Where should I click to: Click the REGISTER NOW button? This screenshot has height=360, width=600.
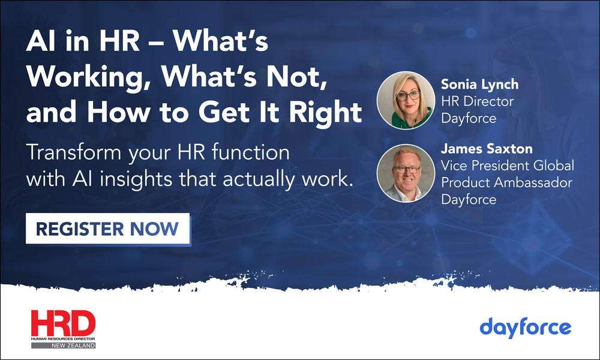108,229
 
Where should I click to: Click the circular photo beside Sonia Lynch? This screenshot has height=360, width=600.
406,100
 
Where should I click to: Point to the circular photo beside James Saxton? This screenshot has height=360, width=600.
406,172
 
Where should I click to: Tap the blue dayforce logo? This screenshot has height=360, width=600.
526,328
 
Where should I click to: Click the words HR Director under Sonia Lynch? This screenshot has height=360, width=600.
477,101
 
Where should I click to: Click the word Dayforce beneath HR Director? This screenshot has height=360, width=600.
469,118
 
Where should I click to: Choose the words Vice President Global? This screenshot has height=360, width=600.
508,165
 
